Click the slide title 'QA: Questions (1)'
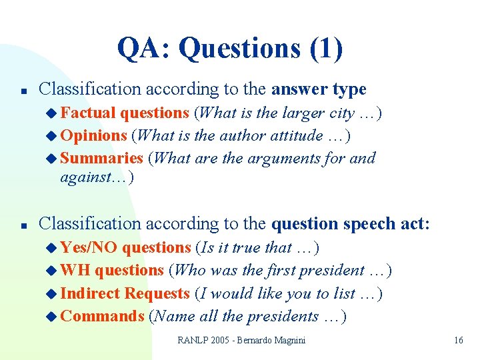[x=230, y=48]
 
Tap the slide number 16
[x=458, y=340]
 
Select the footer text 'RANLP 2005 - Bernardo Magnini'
[x=241, y=340]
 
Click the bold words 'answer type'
[x=319, y=89]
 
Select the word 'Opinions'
[x=93, y=135]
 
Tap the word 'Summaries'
[x=101, y=158]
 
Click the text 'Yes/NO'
[x=88, y=247]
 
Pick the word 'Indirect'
[x=90, y=293]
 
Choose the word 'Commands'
[x=102, y=316]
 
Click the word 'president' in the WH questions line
[x=331, y=270]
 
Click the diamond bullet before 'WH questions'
[x=53, y=271]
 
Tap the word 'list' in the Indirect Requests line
[x=346, y=293]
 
